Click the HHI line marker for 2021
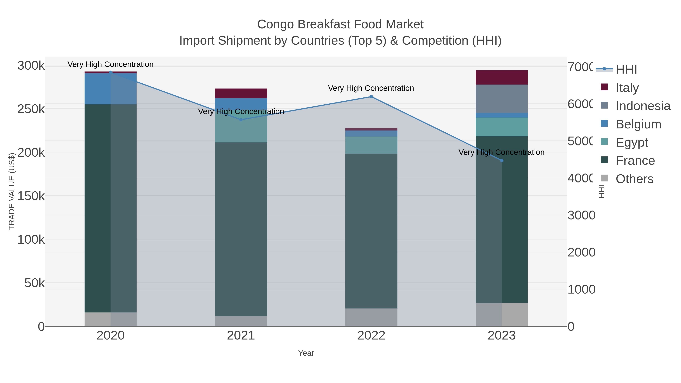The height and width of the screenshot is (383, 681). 241,120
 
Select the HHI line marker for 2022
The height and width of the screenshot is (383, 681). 371,97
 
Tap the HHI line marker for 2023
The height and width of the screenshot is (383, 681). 502,160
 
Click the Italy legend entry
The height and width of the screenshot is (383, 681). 627,88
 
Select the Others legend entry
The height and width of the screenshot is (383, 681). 634,179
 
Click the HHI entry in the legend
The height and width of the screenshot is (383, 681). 626,70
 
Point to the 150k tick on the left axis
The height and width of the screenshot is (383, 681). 31,196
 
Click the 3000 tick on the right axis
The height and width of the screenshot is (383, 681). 581,215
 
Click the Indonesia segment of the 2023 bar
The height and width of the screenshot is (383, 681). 501,99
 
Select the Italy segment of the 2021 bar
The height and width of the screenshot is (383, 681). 241,93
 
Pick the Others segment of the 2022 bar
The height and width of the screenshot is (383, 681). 371,317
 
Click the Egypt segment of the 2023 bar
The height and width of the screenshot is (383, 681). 501,127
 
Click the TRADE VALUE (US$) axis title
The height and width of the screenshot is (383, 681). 12,191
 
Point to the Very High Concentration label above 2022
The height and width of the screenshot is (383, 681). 371,88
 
